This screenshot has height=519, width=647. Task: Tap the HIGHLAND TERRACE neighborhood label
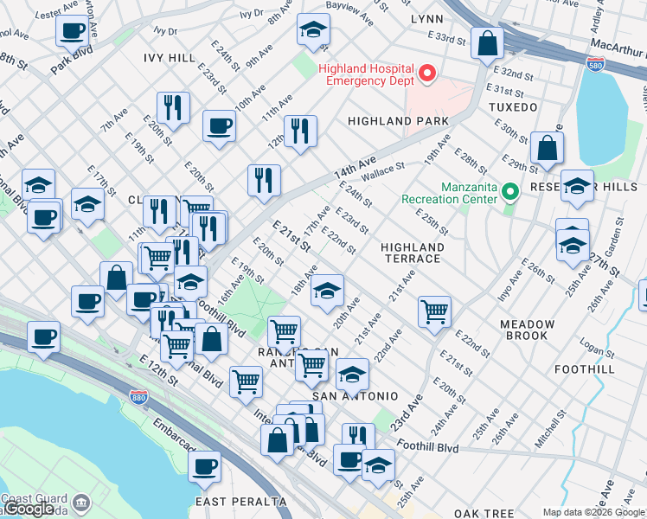click(413, 253)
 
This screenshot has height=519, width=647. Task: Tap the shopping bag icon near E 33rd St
click(487, 42)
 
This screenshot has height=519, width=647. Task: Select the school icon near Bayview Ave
click(313, 30)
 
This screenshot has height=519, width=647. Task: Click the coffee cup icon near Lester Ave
click(73, 30)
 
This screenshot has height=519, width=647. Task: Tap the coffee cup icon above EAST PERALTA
click(204, 468)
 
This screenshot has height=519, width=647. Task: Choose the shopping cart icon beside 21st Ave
click(434, 311)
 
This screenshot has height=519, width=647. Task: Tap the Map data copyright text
click(593, 512)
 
